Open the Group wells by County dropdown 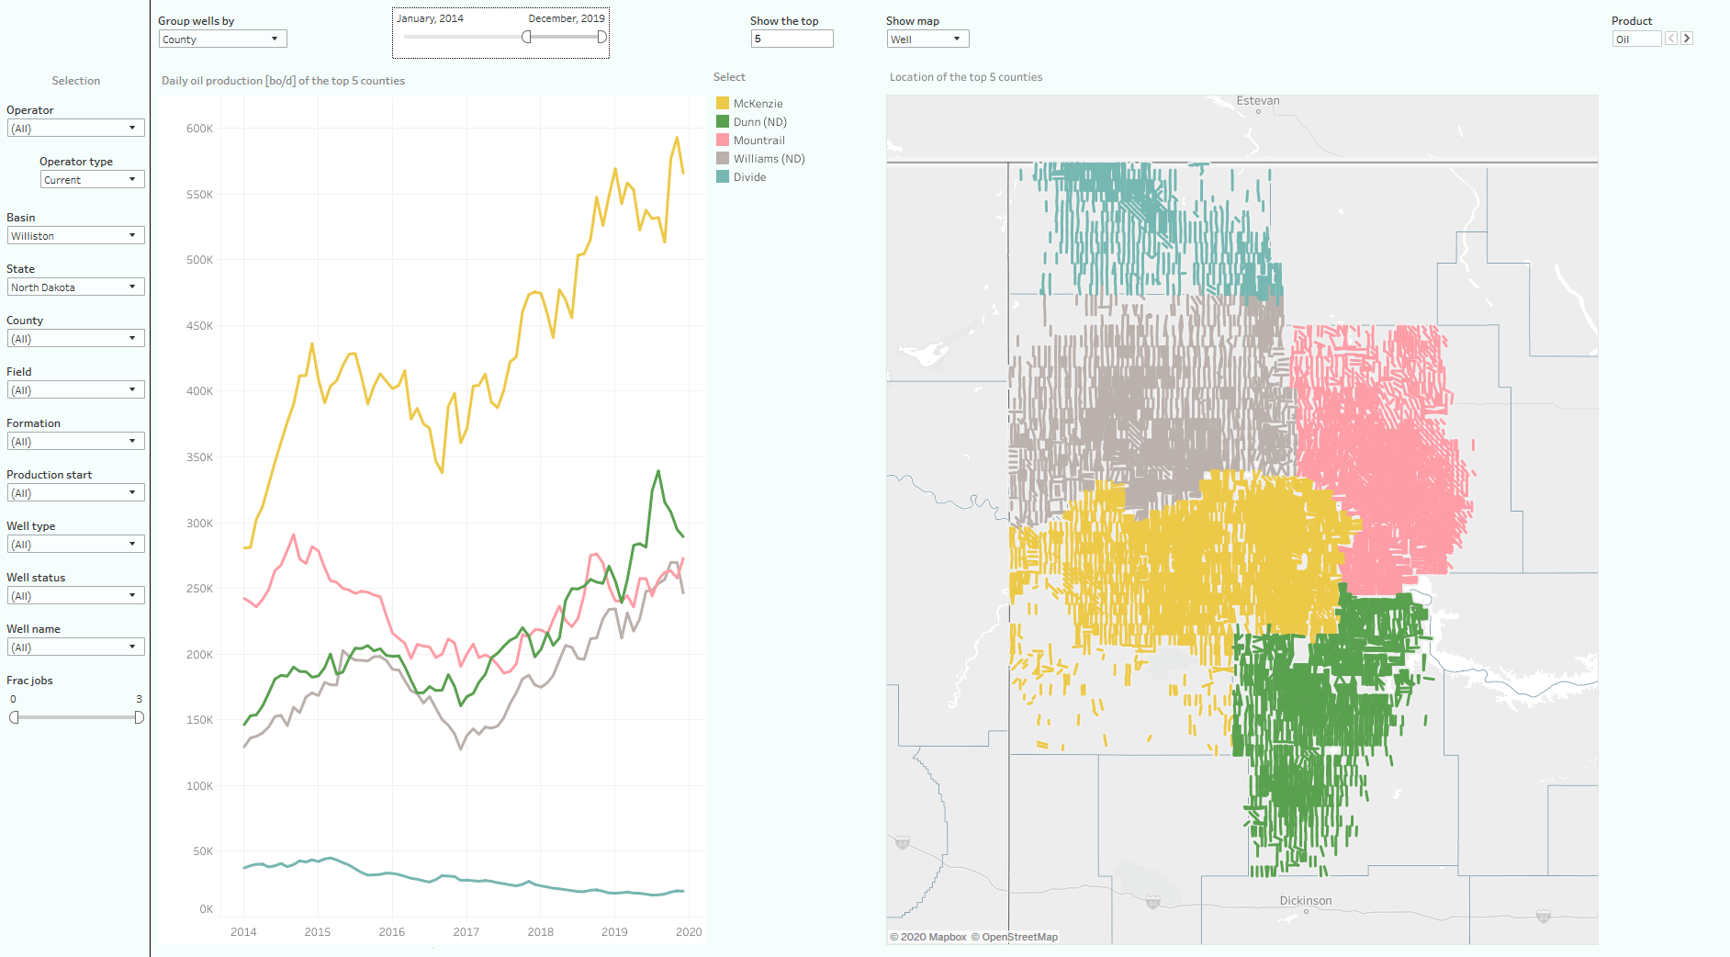(x=222, y=39)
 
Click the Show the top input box (x=791, y=39)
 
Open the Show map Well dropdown (x=927, y=39)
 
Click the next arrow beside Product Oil (x=1687, y=39)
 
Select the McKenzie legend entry (x=758, y=104)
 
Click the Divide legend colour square (x=723, y=177)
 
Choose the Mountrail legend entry (x=758, y=141)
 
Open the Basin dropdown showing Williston (x=76, y=236)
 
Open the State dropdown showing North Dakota (x=76, y=287)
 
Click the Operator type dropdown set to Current (x=92, y=180)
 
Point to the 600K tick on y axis (x=199, y=129)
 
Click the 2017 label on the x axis (x=466, y=931)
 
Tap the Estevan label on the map (x=1257, y=101)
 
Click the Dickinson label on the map (x=1305, y=901)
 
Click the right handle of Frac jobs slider (x=139, y=717)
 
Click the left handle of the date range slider (x=526, y=37)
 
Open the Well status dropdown (x=76, y=596)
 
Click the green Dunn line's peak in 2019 (x=658, y=471)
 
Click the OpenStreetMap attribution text (x=1019, y=937)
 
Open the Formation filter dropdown (x=76, y=442)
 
